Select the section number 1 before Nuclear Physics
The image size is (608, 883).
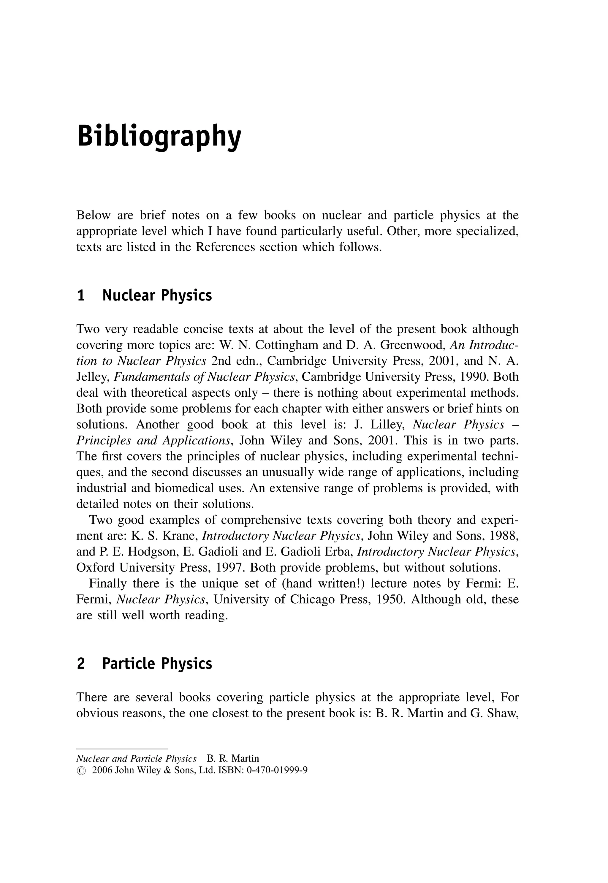click(x=81, y=296)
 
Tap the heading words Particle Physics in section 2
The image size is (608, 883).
click(x=157, y=664)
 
